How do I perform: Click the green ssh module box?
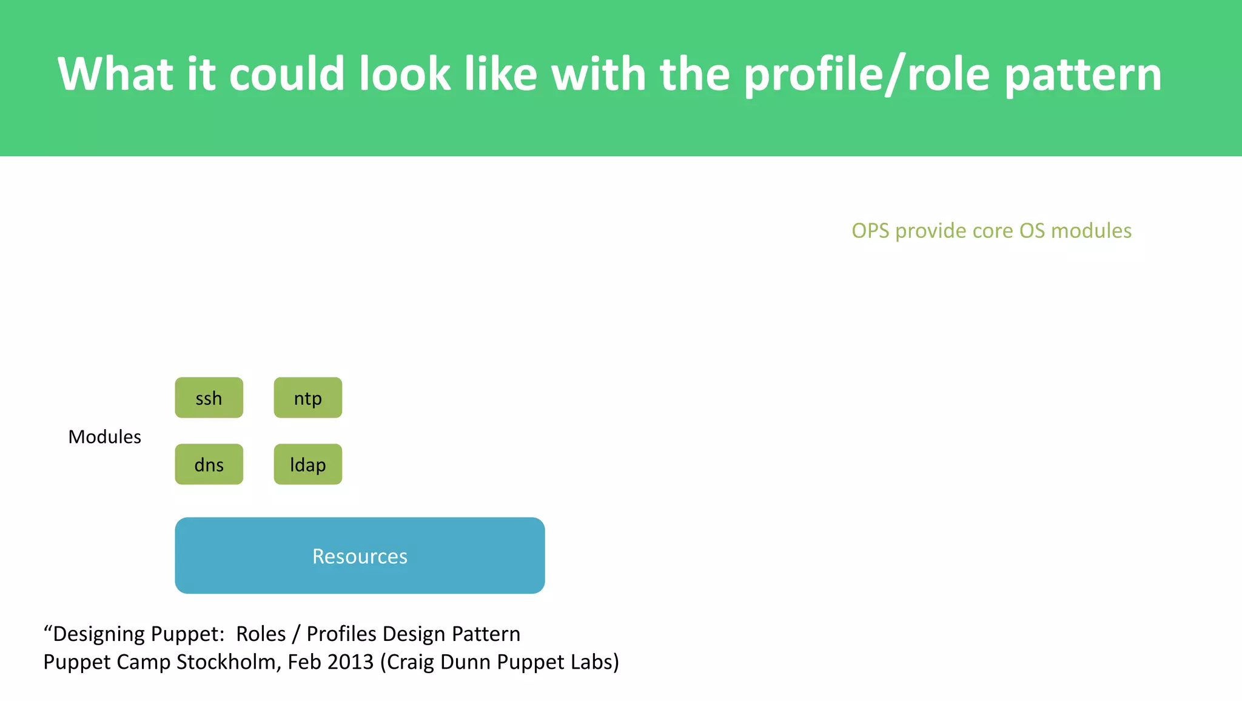point(209,398)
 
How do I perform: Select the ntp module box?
point(307,398)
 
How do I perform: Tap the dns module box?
point(209,464)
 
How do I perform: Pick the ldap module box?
point(307,464)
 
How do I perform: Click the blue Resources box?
point(360,555)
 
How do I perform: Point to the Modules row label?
point(104,437)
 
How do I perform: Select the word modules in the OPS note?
point(1091,231)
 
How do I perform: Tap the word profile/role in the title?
point(867,75)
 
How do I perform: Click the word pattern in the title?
point(1083,75)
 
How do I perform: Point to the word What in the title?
point(115,75)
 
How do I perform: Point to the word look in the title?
point(404,75)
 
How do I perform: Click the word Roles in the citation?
point(261,634)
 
